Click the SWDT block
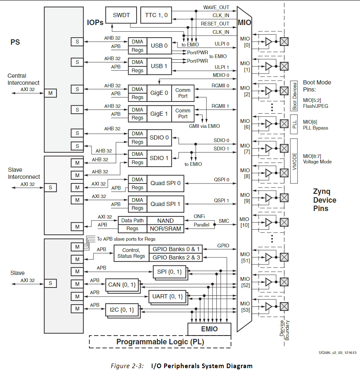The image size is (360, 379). (x=121, y=15)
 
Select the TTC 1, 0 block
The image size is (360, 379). (x=156, y=15)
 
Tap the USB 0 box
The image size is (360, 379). (x=159, y=46)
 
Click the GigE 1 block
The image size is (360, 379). (x=159, y=114)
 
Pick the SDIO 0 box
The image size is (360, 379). (x=159, y=137)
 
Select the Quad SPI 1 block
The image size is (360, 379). (x=165, y=204)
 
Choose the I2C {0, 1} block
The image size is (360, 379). (x=122, y=310)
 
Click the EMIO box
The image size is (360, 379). (x=209, y=329)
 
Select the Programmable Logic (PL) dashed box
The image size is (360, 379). (x=160, y=342)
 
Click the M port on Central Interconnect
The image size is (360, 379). (x=50, y=93)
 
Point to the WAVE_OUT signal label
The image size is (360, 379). (x=216, y=8)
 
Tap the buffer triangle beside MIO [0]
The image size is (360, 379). (x=269, y=41)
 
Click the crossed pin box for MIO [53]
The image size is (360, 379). (x=284, y=307)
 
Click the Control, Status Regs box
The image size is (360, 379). (x=131, y=253)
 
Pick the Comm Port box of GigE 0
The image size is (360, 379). (x=183, y=93)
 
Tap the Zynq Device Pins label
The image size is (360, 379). (x=325, y=200)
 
